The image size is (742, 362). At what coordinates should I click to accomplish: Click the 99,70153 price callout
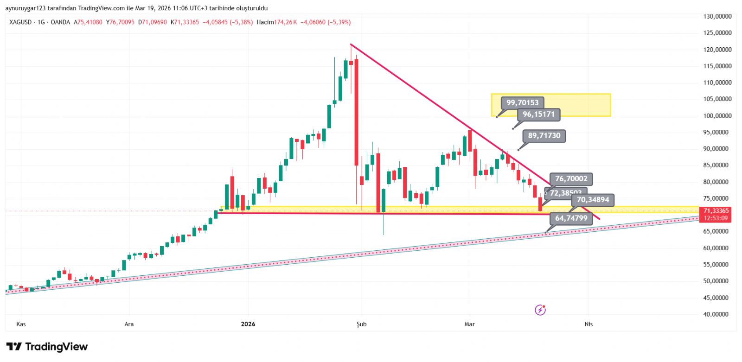(x=522, y=102)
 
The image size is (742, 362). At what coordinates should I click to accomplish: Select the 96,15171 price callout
(x=538, y=114)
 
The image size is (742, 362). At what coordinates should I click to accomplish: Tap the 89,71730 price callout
(x=544, y=135)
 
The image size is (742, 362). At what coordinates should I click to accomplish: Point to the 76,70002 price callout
(x=571, y=178)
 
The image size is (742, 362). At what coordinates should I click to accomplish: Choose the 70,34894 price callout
(x=592, y=200)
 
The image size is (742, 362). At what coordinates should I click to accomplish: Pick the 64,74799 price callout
(x=571, y=218)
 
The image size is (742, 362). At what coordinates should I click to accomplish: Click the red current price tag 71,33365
(x=716, y=211)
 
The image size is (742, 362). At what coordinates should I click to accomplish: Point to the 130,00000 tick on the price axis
(x=717, y=16)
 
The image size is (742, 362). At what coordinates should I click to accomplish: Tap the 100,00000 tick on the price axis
(x=717, y=116)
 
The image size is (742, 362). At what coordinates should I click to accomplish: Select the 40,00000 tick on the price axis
(x=717, y=314)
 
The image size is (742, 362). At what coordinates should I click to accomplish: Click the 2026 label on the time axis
(x=248, y=324)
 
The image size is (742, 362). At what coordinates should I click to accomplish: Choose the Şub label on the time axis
(x=361, y=324)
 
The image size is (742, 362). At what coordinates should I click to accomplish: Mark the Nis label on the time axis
(x=588, y=324)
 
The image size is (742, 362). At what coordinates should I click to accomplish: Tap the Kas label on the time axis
(x=21, y=324)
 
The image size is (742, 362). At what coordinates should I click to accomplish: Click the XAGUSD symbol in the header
(x=20, y=22)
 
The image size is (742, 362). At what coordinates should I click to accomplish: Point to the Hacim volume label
(x=265, y=22)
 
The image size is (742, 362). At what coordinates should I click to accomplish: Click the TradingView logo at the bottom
(x=47, y=347)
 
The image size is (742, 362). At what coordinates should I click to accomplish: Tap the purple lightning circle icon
(x=540, y=310)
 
